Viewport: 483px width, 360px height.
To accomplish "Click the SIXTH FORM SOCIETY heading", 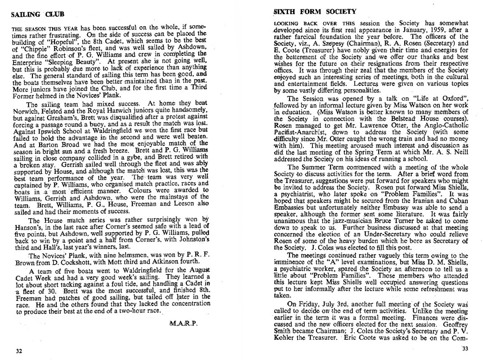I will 315,11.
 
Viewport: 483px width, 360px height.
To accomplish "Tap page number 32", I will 19,351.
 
